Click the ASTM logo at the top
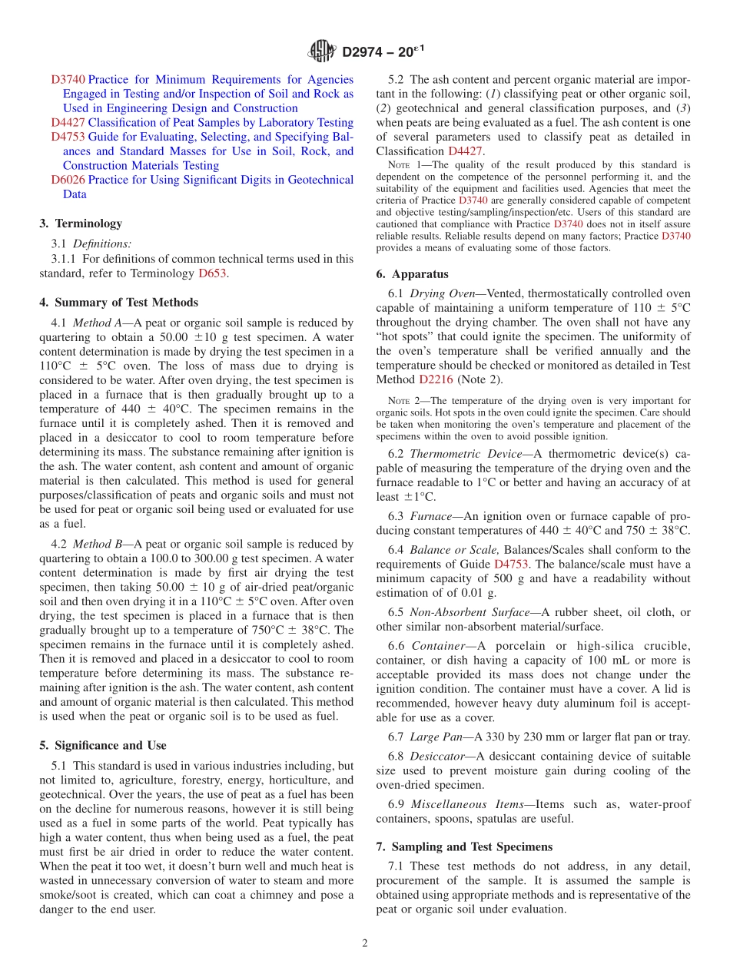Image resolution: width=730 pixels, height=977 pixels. (322, 51)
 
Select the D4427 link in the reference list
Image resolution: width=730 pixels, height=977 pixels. (68, 123)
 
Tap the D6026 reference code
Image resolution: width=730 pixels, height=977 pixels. (68, 180)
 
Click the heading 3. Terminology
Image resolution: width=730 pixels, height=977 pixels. (81, 224)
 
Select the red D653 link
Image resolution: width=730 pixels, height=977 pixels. (212, 273)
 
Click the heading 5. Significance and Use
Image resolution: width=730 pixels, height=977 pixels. (102, 745)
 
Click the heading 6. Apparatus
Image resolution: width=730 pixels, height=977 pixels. (412, 274)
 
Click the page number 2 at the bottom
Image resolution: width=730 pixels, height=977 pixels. (365, 943)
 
